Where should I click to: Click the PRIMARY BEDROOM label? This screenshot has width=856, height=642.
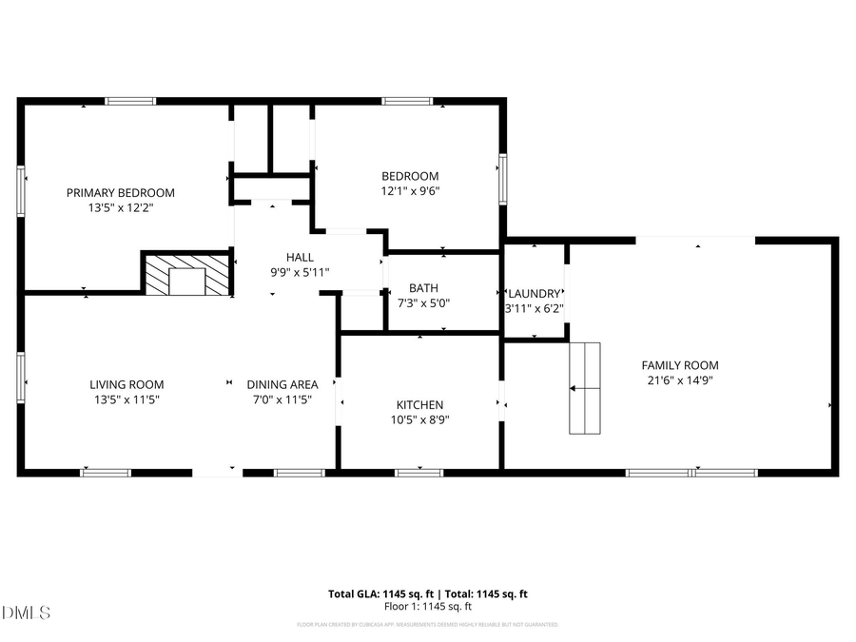pyautogui.click(x=120, y=192)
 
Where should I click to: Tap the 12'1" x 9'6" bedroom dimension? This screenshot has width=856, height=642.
pyautogui.click(x=410, y=190)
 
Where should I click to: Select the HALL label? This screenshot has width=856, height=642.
pyautogui.click(x=300, y=257)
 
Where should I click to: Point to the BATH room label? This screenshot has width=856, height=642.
pyautogui.click(x=423, y=288)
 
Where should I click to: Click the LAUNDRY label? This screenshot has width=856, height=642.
pyautogui.click(x=535, y=293)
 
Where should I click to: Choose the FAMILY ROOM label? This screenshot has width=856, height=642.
pyautogui.click(x=679, y=365)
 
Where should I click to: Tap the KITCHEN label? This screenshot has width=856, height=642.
pyautogui.click(x=419, y=405)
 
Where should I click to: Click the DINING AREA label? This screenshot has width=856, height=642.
pyautogui.click(x=282, y=384)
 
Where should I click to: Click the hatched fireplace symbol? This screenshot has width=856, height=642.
pyautogui.click(x=186, y=274)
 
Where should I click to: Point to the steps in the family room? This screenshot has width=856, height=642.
pyautogui.click(x=586, y=388)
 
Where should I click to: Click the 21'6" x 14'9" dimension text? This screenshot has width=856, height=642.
pyautogui.click(x=679, y=380)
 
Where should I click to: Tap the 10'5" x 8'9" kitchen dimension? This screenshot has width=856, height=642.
pyautogui.click(x=419, y=419)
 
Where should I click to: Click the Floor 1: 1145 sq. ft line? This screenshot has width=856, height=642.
pyautogui.click(x=427, y=607)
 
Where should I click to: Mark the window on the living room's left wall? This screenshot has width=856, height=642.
pyautogui.click(x=21, y=377)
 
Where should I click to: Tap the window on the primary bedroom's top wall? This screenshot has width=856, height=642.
pyautogui.click(x=130, y=101)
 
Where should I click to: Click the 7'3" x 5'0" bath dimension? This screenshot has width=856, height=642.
pyautogui.click(x=423, y=303)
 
